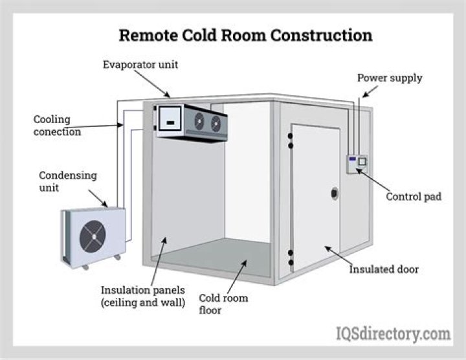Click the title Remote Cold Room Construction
click(245, 35)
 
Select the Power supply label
click(390, 78)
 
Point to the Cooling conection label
click(57, 126)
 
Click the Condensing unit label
click(67, 181)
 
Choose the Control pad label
click(414, 196)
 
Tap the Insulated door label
click(384, 269)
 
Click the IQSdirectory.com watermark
click(393, 334)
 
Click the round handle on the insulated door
click(335, 193)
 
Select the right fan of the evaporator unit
click(216, 123)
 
